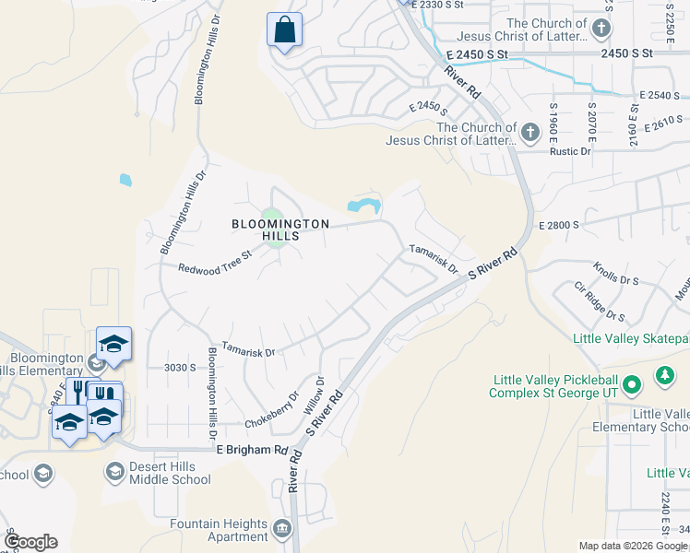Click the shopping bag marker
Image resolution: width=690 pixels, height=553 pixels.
(x=284, y=29)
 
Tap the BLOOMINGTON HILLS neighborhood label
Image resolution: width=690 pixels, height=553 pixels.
(x=280, y=229)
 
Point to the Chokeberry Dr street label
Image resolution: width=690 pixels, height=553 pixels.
(x=272, y=410)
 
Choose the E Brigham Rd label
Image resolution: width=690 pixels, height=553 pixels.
(x=252, y=450)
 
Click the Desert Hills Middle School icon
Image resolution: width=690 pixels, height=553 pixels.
(x=115, y=473)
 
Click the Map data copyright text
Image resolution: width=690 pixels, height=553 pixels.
(x=633, y=546)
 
